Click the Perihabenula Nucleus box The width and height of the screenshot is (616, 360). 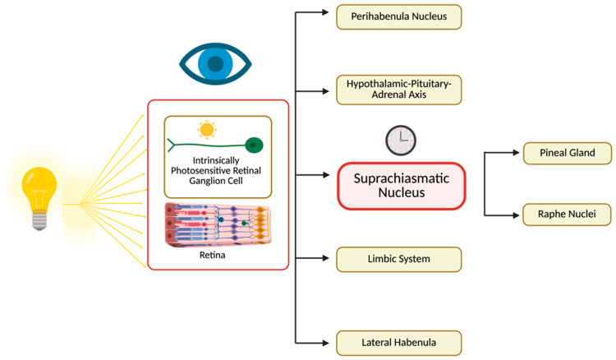398,17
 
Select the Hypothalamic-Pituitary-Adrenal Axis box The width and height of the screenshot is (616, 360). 398,90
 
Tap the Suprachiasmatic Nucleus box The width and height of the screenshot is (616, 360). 402,186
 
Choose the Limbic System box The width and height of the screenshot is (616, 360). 398,260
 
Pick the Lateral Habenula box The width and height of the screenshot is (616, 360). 398,343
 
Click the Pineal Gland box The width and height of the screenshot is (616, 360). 568,153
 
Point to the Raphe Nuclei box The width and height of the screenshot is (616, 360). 567,215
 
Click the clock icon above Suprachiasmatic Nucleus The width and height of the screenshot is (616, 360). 401,141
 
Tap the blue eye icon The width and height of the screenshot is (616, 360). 215,63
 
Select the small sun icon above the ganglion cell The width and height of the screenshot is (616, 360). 207,130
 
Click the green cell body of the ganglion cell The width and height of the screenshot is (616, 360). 254,145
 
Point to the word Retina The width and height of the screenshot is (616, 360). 212,255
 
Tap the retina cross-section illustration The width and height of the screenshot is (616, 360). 218,224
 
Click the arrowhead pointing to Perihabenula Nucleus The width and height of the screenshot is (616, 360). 326,12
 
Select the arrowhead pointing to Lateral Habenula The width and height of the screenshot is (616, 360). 326,343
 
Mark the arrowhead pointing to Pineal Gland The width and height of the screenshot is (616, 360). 517,153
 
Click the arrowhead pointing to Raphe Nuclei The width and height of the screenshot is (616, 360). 517,215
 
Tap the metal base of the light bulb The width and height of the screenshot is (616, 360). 39,220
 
